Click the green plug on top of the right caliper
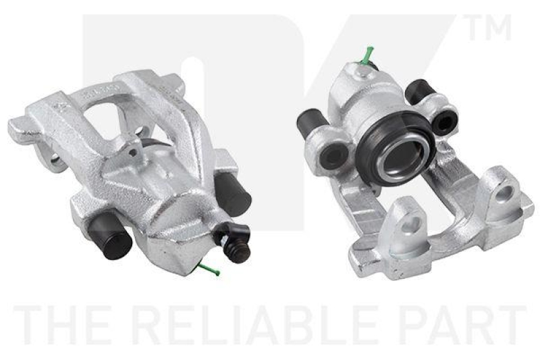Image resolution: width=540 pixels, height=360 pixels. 369,54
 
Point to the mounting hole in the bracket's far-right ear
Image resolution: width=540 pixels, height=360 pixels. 502,196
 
